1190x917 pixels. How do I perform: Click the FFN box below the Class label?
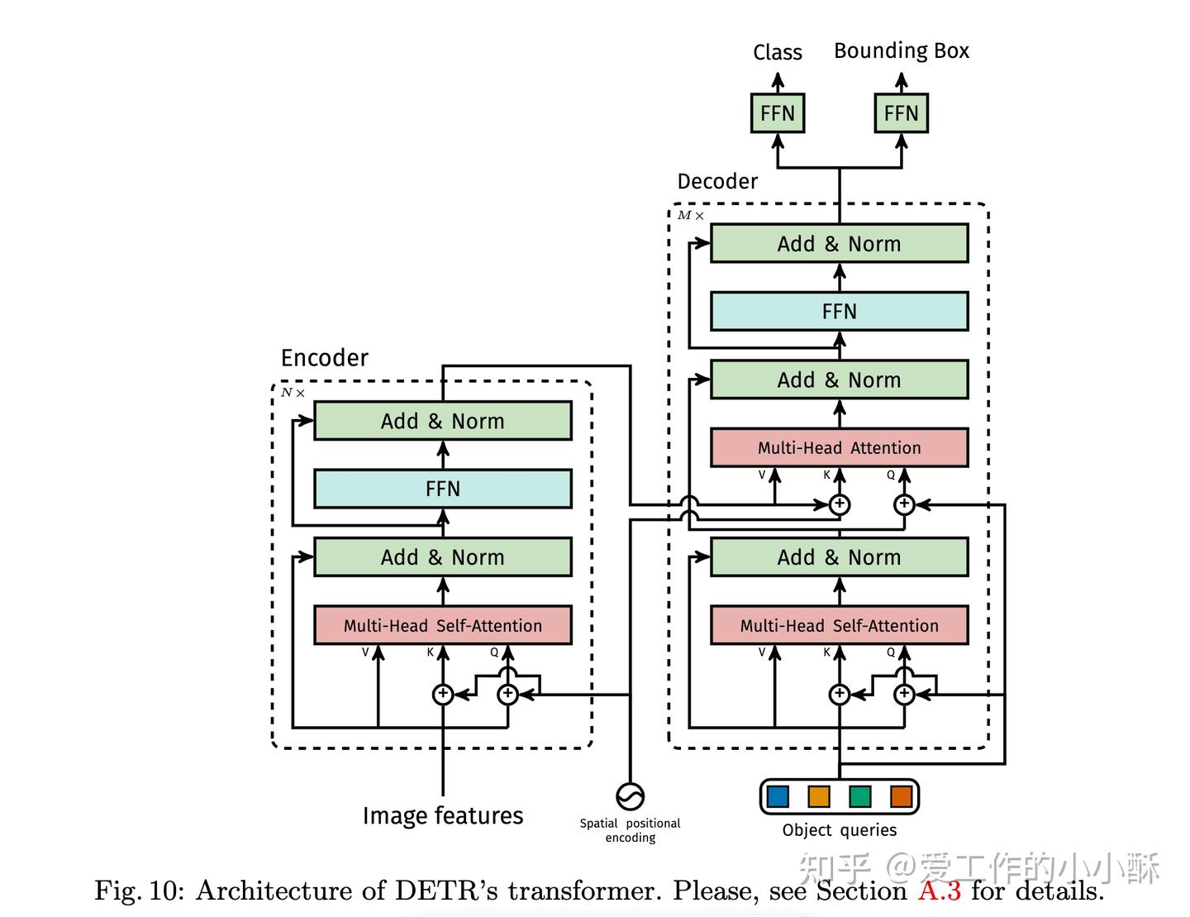777,113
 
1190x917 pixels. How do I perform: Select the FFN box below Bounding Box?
901,113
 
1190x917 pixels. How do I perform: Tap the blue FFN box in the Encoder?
442,488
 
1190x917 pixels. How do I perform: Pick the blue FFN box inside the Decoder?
839,311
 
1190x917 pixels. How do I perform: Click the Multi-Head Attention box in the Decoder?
839,447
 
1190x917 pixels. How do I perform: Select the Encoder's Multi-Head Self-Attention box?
442,625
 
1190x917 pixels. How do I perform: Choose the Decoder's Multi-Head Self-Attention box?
839,625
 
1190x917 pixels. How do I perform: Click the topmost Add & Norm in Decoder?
839,243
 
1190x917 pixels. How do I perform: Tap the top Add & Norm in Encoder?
442,421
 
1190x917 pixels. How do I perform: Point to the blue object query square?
778,796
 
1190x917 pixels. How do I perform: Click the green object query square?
859,796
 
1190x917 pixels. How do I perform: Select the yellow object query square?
819,796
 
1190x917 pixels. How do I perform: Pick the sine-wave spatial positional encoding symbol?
630,796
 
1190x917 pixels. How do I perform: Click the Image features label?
442,815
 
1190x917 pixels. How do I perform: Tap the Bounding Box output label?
902,50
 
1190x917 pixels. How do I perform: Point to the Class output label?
777,52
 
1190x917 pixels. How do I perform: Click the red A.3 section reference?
939,891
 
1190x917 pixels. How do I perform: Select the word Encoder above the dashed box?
324,358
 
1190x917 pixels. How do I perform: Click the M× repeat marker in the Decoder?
690,215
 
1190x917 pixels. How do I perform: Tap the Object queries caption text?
839,830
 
